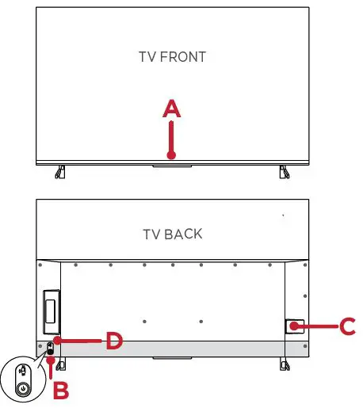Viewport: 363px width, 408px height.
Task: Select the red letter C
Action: click(x=346, y=325)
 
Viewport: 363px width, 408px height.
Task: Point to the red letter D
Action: click(x=115, y=342)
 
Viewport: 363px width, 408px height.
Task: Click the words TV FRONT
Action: click(x=172, y=57)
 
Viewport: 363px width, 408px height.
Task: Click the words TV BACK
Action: click(x=172, y=234)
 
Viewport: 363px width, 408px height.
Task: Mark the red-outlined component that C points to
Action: click(x=294, y=326)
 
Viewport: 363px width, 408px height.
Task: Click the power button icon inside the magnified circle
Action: click(x=24, y=389)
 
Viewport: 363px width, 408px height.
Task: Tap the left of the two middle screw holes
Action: click(x=143, y=321)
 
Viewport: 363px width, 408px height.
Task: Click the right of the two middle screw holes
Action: click(x=202, y=321)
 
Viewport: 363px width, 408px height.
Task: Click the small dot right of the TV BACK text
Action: click(x=283, y=215)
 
